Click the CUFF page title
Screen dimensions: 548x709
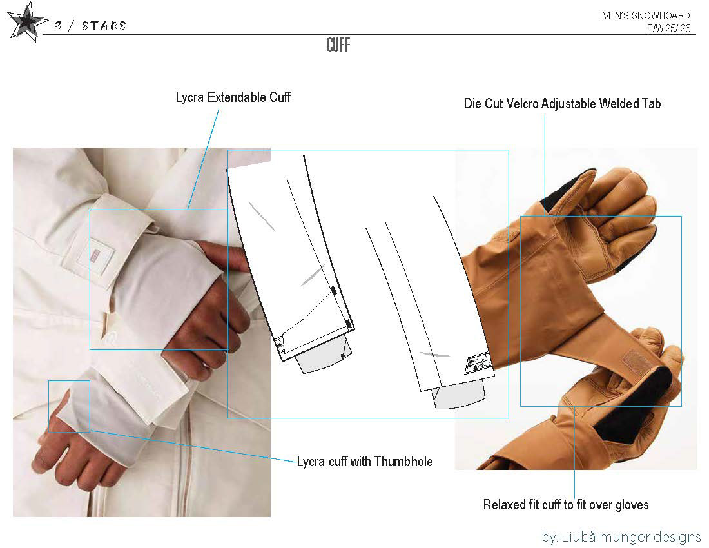click(338, 45)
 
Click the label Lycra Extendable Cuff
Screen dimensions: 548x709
click(233, 97)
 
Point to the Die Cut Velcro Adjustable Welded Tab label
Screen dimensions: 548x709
click(562, 103)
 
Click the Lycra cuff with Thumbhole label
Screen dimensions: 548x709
click(365, 461)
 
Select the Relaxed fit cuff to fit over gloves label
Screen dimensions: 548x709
click(566, 504)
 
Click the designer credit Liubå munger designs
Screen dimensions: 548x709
click(621, 536)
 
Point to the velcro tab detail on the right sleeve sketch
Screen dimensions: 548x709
click(478, 364)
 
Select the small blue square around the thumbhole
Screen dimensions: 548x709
click(69, 406)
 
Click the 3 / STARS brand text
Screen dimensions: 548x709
click(90, 26)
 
